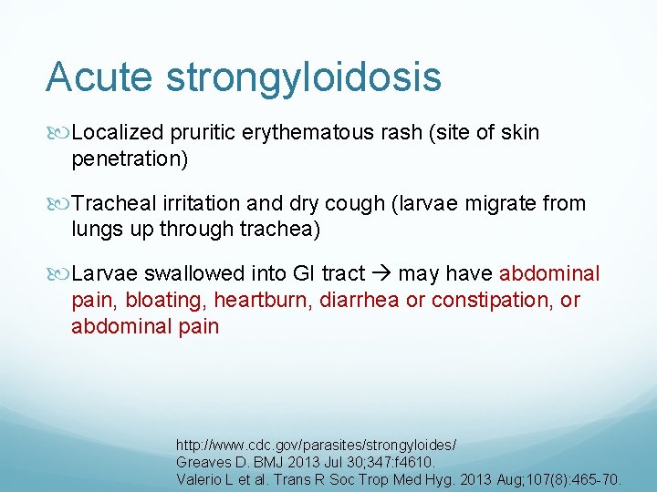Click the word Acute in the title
[99, 77]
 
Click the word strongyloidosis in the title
[303, 79]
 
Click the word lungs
[97, 230]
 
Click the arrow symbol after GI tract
[381, 273]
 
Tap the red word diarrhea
[360, 300]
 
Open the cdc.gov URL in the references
[316, 446]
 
